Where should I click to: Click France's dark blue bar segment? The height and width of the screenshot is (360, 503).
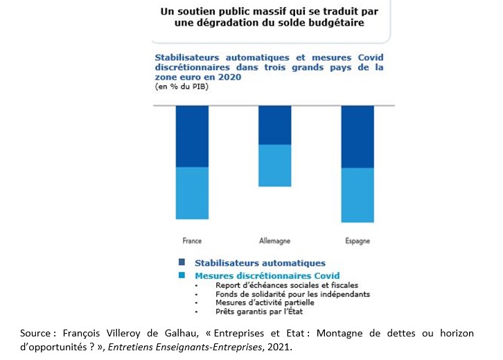tap(192, 136)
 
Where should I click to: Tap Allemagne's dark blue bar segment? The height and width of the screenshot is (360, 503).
tap(275, 125)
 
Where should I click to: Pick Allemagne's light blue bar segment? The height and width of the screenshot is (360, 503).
tap(275, 165)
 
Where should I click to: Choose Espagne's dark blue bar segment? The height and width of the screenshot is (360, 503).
tap(358, 137)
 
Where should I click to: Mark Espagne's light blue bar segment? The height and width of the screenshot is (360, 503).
tap(358, 195)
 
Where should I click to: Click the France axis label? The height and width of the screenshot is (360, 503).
tap(192, 241)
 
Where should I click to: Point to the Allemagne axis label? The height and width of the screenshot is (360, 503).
tap(274, 241)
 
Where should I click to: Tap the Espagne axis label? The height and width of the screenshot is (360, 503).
tap(358, 241)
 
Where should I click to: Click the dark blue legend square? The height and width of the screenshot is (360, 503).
tap(182, 262)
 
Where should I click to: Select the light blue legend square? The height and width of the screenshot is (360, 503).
tap(182, 276)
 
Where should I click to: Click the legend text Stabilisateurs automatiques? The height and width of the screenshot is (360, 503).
tap(260, 263)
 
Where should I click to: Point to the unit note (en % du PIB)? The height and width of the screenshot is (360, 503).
tap(182, 87)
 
